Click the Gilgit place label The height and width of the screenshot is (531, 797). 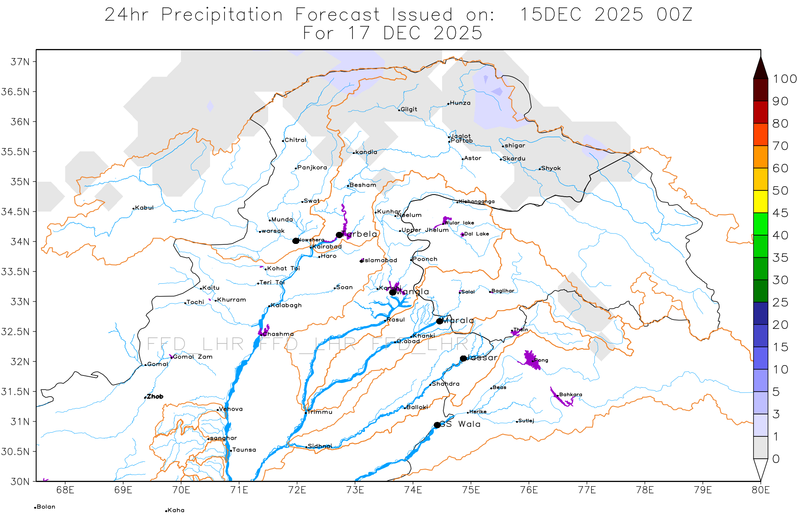tap(408, 110)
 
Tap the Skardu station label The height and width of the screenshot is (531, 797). tap(513, 158)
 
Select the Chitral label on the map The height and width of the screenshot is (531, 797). tap(295, 140)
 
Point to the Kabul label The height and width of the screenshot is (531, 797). tap(144, 208)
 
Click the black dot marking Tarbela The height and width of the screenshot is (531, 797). tap(339, 235)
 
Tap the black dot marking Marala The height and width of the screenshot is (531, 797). tap(440, 321)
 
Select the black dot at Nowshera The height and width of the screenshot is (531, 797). tap(296, 241)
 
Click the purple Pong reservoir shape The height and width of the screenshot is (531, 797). tap(531, 359)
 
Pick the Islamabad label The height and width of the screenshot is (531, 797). tap(380, 261)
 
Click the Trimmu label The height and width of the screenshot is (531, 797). tap(320, 412)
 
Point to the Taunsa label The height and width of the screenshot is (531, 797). tap(244, 450)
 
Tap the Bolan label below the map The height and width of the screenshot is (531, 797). tap(46, 507)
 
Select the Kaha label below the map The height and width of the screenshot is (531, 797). tap(176, 510)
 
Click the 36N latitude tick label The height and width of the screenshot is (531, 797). tap(20, 122)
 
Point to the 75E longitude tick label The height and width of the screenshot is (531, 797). tap(471, 490)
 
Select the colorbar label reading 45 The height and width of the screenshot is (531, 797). tap(780, 213)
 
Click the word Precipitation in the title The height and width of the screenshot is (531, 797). tap(222, 15)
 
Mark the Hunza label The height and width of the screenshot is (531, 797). tap(460, 103)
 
